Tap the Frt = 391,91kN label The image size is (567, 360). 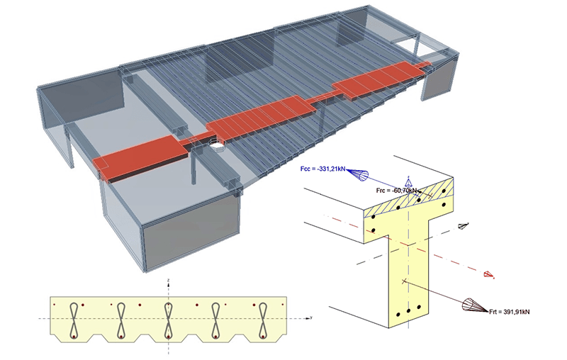(x=509, y=310)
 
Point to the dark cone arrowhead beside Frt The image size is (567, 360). (x=473, y=305)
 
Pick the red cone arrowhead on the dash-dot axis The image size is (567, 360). (x=488, y=274)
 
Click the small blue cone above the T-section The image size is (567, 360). (x=407, y=183)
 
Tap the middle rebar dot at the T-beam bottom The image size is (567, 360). (x=409, y=311)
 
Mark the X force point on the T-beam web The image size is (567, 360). (x=404, y=281)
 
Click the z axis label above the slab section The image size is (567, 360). (x=168, y=281)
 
